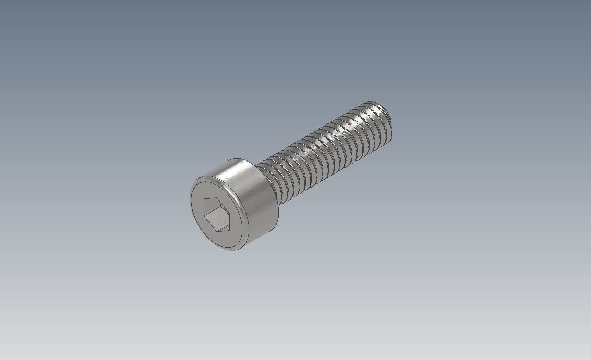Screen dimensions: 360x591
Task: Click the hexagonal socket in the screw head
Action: click(x=216, y=214)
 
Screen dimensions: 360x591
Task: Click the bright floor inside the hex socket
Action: click(x=218, y=219)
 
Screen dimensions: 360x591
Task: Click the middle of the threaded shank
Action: click(x=323, y=151)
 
